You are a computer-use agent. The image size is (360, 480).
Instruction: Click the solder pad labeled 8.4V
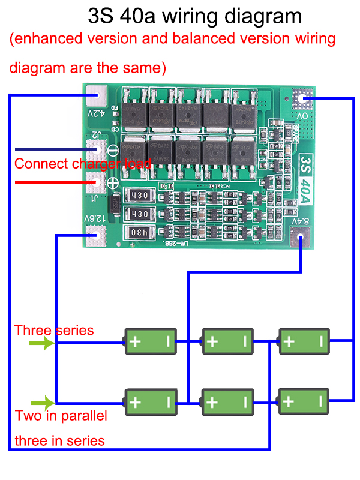tap(298, 241)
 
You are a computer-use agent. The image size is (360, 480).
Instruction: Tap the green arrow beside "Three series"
tap(41, 344)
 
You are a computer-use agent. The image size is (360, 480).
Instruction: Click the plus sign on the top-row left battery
tap(136, 342)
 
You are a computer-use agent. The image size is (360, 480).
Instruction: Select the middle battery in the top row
tap(227, 342)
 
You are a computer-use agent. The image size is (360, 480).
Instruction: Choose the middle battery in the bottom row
tap(227, 401)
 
